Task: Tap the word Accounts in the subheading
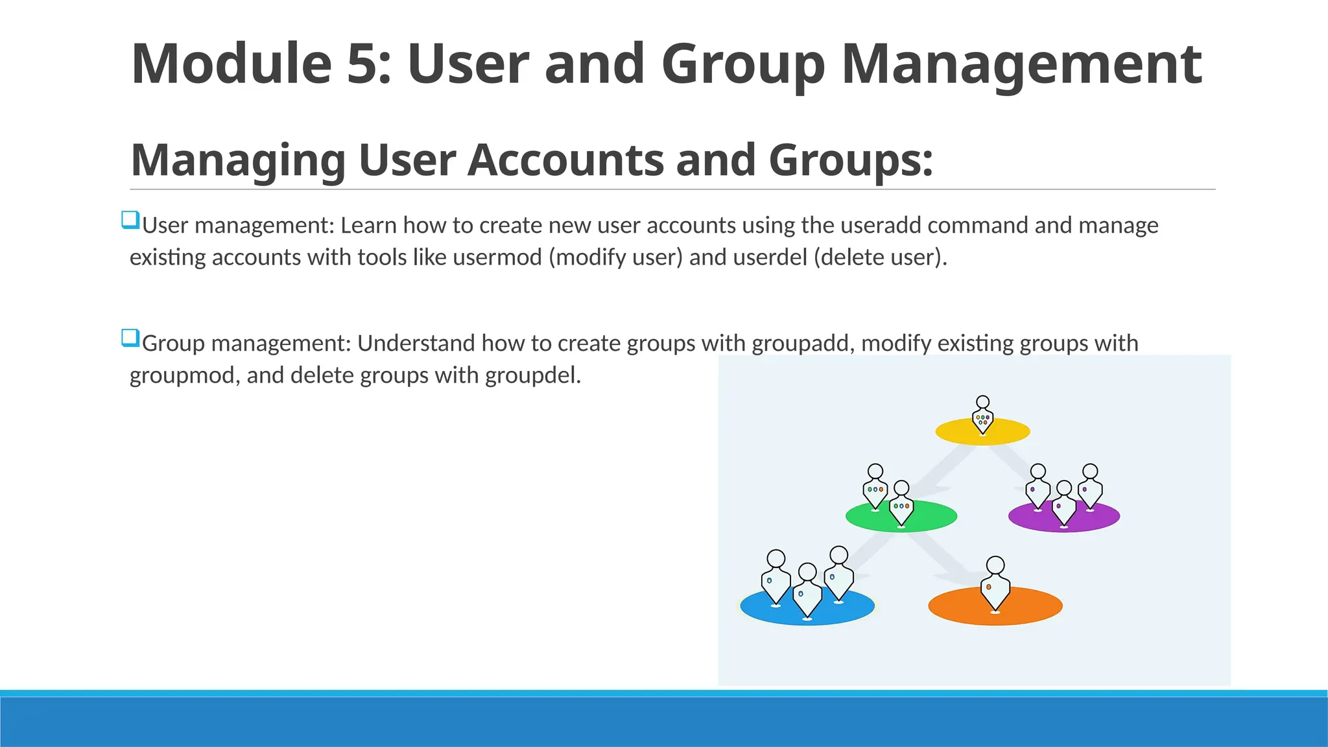565,160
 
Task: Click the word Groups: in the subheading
851,160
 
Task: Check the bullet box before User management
130,220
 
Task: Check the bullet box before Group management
130,338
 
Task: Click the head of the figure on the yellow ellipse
983,403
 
